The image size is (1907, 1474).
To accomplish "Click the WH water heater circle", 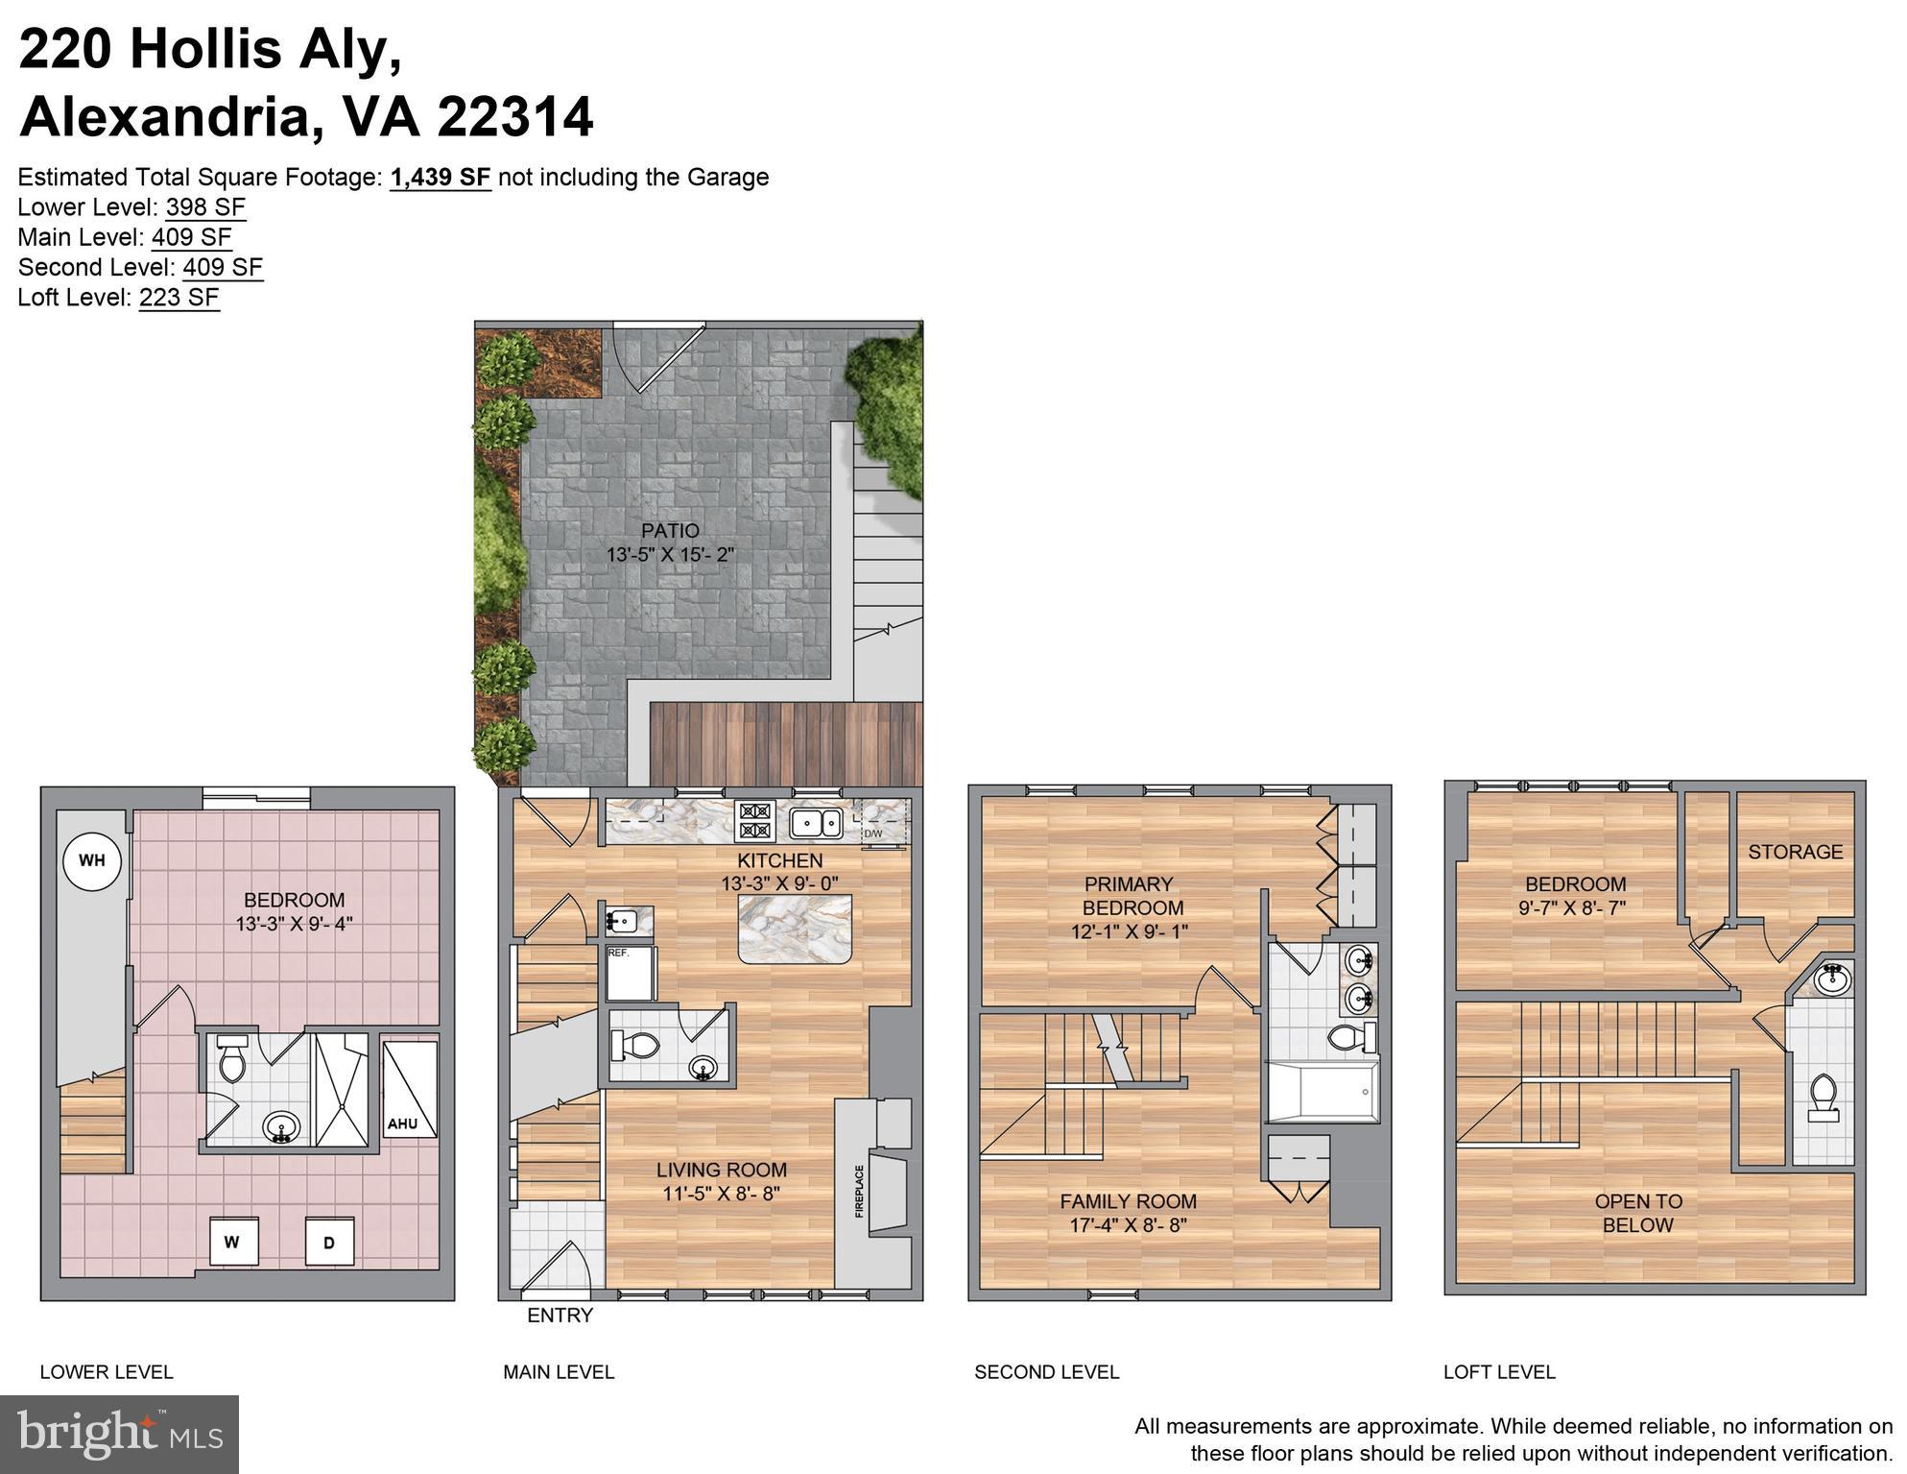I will point(92,860).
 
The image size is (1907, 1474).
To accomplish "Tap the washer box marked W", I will point(232,1242).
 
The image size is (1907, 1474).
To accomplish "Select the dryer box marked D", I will point(329,1243).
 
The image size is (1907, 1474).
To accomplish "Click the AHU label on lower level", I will point(402,1124).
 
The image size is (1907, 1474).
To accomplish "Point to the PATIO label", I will point(670,531).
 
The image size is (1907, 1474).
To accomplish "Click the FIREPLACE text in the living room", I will point(859,1191).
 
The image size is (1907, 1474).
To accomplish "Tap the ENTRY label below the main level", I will point(560,1316).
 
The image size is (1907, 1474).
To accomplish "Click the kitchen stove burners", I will point(754,822).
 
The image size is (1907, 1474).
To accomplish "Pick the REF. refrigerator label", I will point(618,954).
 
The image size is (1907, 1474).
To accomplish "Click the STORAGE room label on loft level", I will point(1795,852).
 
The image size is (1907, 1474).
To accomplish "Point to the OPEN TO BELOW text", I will point(1637,1213).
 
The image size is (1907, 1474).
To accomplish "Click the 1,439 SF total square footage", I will point(441,178).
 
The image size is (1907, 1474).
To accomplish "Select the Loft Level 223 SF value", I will point(179,298).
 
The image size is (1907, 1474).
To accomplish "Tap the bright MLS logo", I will point(119,1434).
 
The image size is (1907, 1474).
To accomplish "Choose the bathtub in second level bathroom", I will point(1323,1092).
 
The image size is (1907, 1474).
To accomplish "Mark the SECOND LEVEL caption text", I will point(1046,1372).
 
